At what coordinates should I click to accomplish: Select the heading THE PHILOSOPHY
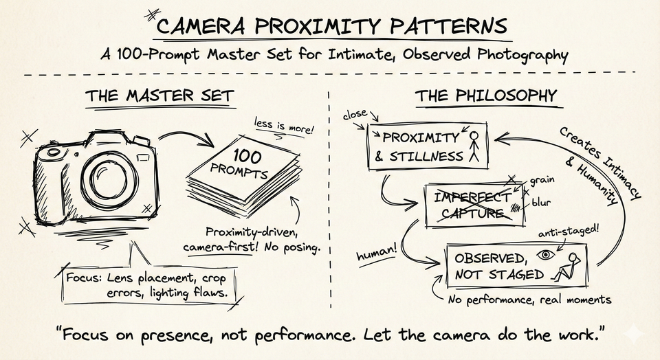(x=486, y=96)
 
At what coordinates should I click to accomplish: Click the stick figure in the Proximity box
(x=473, y=146)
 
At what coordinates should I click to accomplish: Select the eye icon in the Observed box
(x=547, y=256)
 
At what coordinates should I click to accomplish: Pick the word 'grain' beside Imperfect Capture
(x=543, y=183)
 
